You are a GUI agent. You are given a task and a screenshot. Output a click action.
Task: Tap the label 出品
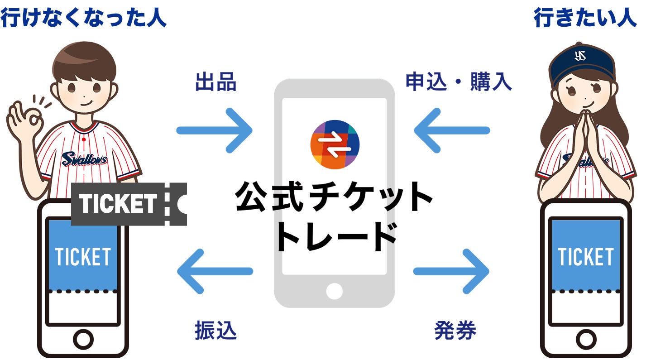coord(215,83)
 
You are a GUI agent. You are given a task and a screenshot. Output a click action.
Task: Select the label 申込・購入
coord(459,82)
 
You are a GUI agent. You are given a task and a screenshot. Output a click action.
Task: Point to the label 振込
coord(215,331)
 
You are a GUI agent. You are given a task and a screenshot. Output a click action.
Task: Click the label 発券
coord(455,331)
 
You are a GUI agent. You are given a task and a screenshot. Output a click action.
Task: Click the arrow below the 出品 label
coord(214,130)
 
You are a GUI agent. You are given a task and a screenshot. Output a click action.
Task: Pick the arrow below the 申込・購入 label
coord(452,130)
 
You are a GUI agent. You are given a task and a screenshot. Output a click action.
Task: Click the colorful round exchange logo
coord(335,144)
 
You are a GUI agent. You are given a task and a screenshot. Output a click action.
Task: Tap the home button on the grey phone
coord(334,291)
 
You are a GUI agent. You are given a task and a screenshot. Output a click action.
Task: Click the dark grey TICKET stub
coord(129,204)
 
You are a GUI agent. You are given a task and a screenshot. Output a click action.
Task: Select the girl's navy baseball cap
coord(582,63)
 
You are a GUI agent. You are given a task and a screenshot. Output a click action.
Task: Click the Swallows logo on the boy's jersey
coord(84,158)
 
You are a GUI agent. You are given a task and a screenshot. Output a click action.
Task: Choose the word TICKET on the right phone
coord(585,257)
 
